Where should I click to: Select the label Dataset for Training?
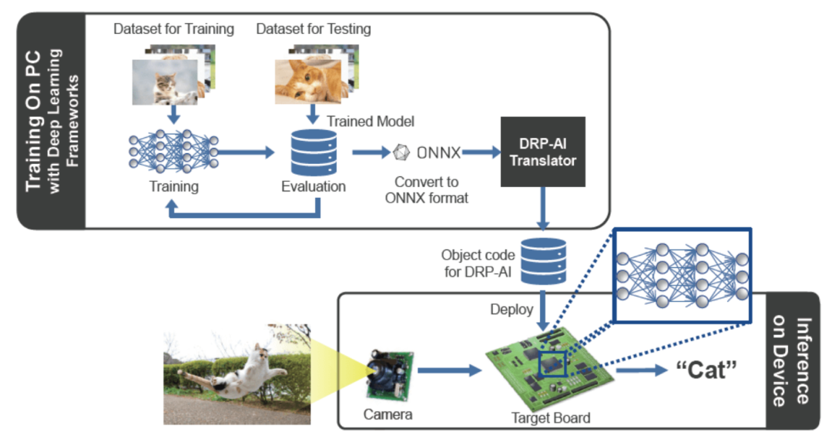(x=173, y=29)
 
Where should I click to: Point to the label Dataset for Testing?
(x=313, y=29)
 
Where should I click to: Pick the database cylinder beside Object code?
(x=543, y=260)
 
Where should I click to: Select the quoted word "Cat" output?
(x=706, y=370)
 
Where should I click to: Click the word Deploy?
(x=512, y=309)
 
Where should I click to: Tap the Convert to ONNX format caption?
(x=427, y=190)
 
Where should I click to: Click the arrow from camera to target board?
(x=450, y=371)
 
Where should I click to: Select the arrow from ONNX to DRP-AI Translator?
(x=481, y=152)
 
